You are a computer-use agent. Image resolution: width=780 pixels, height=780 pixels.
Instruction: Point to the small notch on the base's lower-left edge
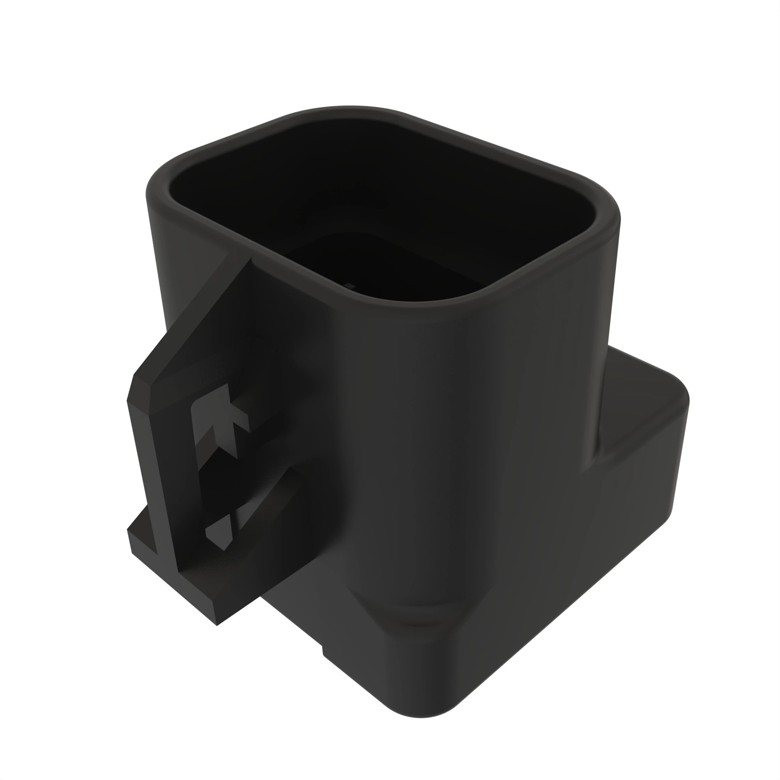click(x=323, y=651)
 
